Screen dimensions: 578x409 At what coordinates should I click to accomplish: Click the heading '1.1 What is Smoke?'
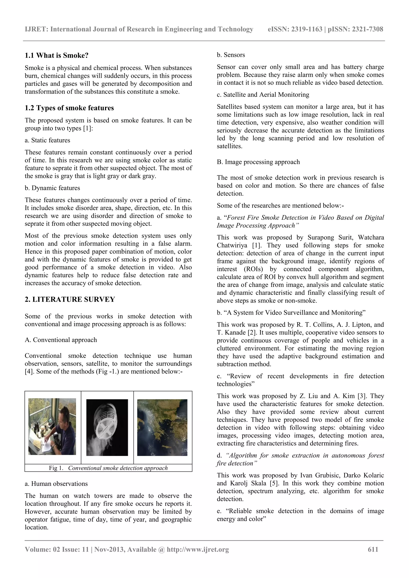click(x=57, y=55)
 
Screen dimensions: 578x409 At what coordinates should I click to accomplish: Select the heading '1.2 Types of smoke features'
click(x=69, y=108)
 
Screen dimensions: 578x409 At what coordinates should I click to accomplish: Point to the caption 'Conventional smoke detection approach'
click(x=118, y=468)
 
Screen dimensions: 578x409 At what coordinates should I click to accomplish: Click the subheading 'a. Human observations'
click(x=56, y=484)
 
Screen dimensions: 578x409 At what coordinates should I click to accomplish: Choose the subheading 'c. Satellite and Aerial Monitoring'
click(x=263, y=95)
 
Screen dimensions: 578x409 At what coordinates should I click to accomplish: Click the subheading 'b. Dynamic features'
click(x=52, y=188)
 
